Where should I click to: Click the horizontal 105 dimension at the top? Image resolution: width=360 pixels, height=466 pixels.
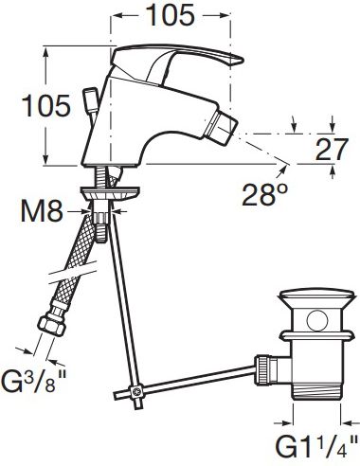pos(171,15)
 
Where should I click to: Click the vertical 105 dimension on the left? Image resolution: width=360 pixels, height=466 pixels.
pos(45,105)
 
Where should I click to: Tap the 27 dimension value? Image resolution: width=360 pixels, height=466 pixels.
pos(332,150)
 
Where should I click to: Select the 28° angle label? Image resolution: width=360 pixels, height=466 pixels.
pos(265,194)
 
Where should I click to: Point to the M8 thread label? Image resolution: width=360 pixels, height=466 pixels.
pos(42,210)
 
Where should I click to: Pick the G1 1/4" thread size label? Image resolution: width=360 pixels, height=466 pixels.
pos(316,445)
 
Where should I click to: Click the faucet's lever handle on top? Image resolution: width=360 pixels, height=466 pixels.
pos(177,60)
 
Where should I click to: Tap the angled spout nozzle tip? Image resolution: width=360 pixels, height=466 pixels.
pos(221,128)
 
